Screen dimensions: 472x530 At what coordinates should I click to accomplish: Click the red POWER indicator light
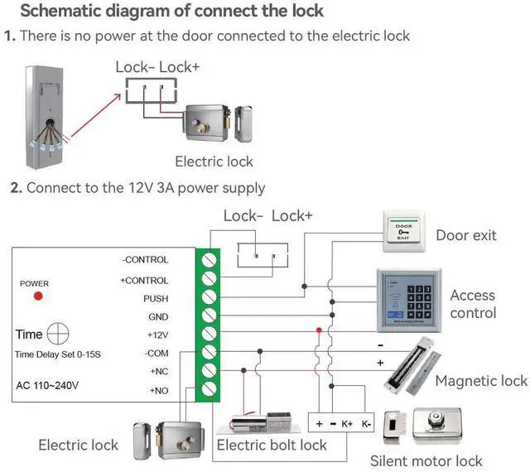click(x=37, y=296)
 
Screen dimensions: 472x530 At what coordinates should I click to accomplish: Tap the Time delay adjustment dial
click(x=58, y=335)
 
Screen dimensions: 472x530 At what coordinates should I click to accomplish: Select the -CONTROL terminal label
click(x=145, y=260)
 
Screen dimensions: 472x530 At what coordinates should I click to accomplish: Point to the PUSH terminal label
click(x=156, y=298)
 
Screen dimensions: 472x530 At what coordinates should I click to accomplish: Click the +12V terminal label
click(x=157, y=335)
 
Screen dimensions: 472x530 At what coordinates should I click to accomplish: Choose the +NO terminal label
click(x=158, y=390)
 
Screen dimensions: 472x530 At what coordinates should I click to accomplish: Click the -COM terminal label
click(x=156, y=353)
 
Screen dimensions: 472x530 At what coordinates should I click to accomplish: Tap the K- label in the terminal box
click(x=367, y=423)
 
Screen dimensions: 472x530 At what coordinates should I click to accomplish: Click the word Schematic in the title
click(x=59, y=12)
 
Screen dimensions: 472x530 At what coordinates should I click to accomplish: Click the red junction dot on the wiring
click(x=318, y=330)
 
